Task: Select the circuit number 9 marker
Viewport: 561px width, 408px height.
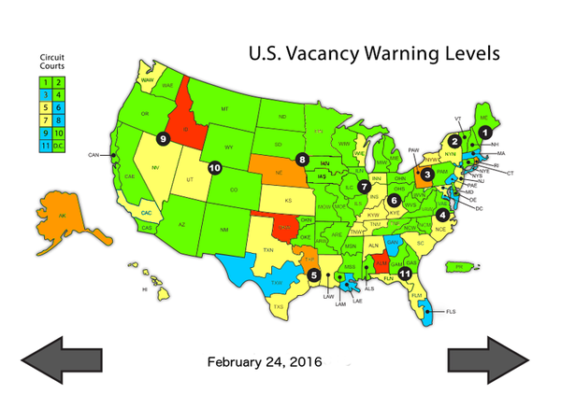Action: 162,138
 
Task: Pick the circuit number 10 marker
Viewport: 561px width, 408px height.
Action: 215,168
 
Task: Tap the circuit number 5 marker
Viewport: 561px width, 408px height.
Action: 314,274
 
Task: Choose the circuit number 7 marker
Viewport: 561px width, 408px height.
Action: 364,186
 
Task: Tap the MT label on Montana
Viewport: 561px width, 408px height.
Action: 224,109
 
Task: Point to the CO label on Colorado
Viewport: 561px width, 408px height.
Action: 234,190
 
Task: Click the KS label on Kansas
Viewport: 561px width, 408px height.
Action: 290,201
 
